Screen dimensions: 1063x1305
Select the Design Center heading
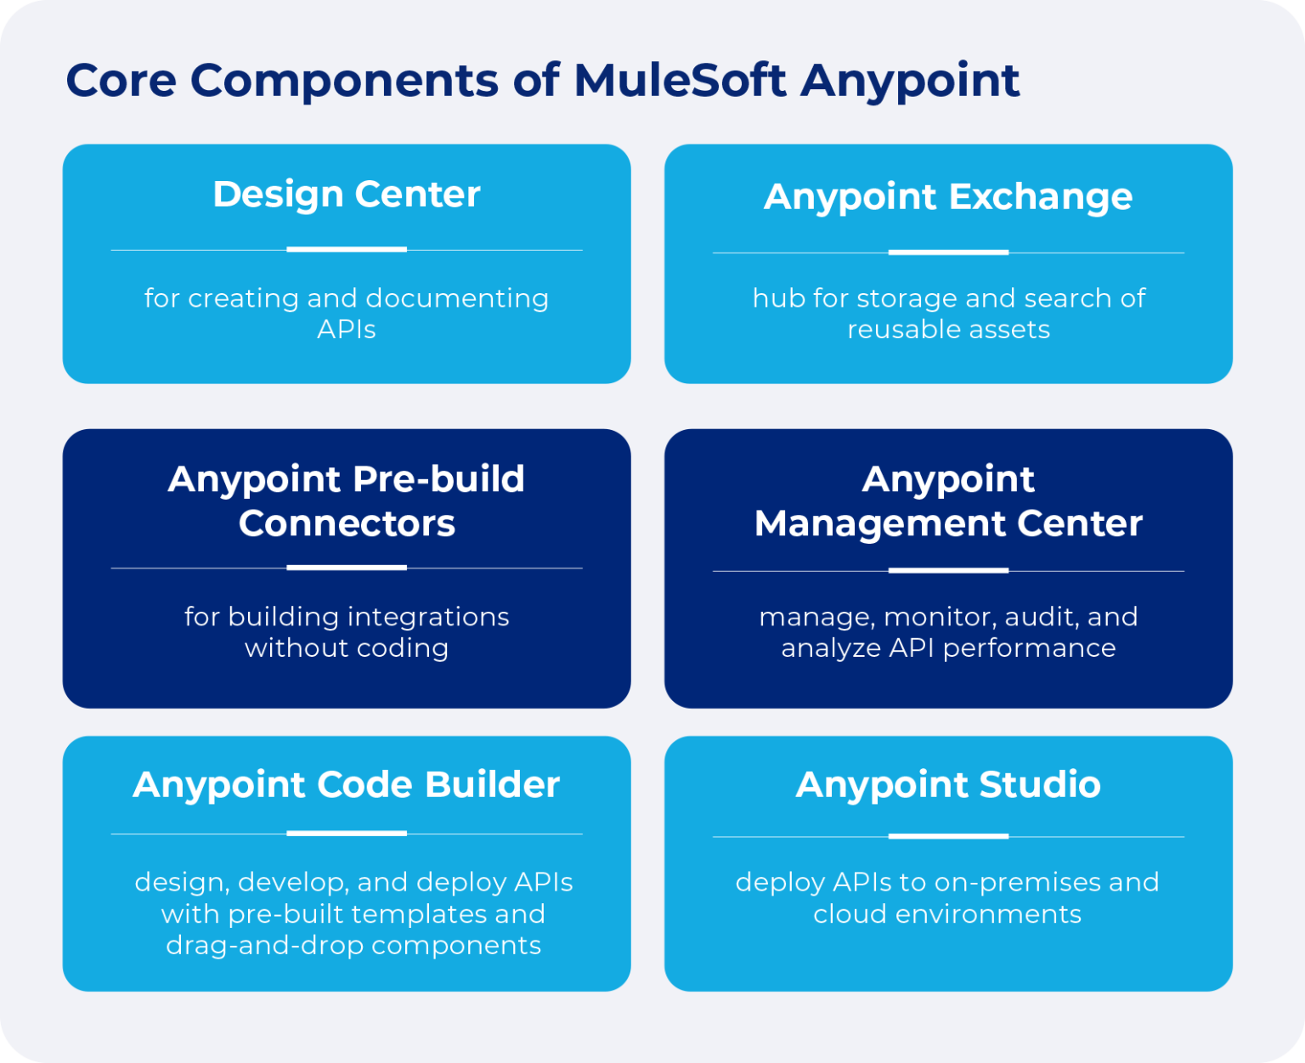347,195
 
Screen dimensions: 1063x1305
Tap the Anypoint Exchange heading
948,197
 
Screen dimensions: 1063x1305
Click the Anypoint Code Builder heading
347,784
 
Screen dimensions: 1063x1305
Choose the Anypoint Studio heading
948,784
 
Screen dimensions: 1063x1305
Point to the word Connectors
347,523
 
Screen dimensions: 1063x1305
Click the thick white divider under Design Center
347,250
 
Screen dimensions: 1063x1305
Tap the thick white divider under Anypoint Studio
948,836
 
